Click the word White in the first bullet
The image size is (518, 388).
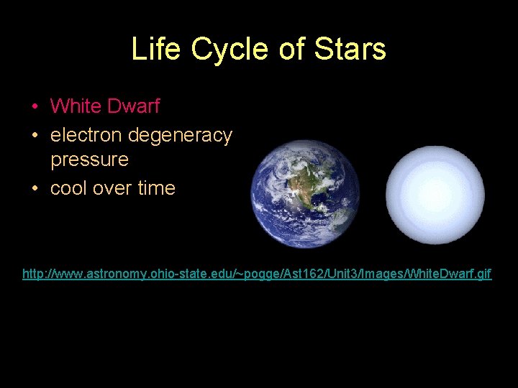(x=76, y=106)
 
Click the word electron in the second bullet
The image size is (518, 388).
(x=86, y=135)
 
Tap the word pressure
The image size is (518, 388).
(x=89, y=160)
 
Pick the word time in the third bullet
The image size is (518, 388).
(x=156, y=188)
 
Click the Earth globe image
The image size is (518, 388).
(x=304, y=193)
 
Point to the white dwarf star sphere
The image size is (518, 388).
(x=435, y=195)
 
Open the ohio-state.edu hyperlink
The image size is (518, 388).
(x=257, y=274)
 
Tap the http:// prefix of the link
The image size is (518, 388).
(x=36, y=274)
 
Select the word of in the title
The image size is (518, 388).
(x=292, y=50)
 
